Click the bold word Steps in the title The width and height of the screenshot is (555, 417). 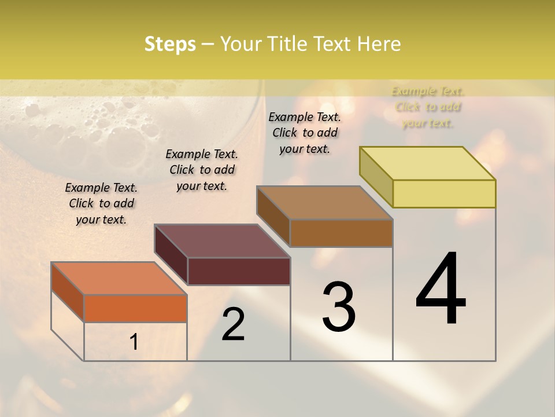click(170, 45)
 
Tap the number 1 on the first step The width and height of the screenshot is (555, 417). click(134, 342)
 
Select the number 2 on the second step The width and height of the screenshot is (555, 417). click(233, 325)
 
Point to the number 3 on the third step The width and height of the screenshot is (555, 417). click(339, 308)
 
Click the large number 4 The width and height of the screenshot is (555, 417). click(441, 289)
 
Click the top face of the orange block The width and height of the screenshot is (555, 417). click(119, 279)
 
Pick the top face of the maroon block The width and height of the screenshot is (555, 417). click(222, 241)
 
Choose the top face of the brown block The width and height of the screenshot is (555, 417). click(325, 203)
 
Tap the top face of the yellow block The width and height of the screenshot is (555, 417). click(428, 163)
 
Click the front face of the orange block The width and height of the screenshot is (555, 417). click(135, 308)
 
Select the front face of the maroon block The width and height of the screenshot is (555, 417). click(239, 271)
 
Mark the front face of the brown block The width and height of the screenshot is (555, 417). click(341, 233)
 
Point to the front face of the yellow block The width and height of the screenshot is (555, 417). click(444, 193)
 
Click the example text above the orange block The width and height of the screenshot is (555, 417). click(101, 203)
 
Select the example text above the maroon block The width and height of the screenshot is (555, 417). click(202, 170)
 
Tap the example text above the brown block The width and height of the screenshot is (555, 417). click(305, 133)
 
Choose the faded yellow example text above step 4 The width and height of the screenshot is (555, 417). click(428, 107)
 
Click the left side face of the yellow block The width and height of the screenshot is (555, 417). click(376, 177)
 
